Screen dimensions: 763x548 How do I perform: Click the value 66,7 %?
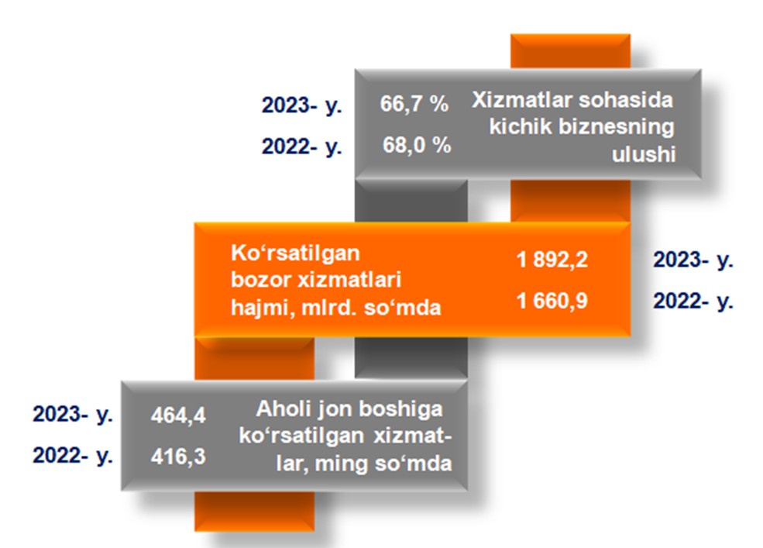pos(414,104)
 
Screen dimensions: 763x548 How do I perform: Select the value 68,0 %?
pos(417,145)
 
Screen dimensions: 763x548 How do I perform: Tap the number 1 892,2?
pos(552,260)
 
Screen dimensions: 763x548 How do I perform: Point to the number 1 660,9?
pos(552,301)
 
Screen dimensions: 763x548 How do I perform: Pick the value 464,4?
pos(178,415)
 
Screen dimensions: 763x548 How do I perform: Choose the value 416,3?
pos(178,457)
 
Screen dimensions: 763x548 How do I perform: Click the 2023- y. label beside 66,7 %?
pos(301,105)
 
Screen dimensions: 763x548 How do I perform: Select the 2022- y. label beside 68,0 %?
pos(301,147)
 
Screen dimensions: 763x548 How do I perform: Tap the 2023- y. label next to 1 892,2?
pos(693,260)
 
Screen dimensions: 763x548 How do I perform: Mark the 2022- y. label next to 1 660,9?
pos(693,302)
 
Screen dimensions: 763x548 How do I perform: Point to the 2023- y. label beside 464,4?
pos(73,415)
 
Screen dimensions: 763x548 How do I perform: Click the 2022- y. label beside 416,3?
pos(73,456)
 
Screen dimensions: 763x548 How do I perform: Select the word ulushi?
pos(643,154)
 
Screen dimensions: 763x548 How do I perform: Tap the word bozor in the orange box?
pos(260,281)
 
